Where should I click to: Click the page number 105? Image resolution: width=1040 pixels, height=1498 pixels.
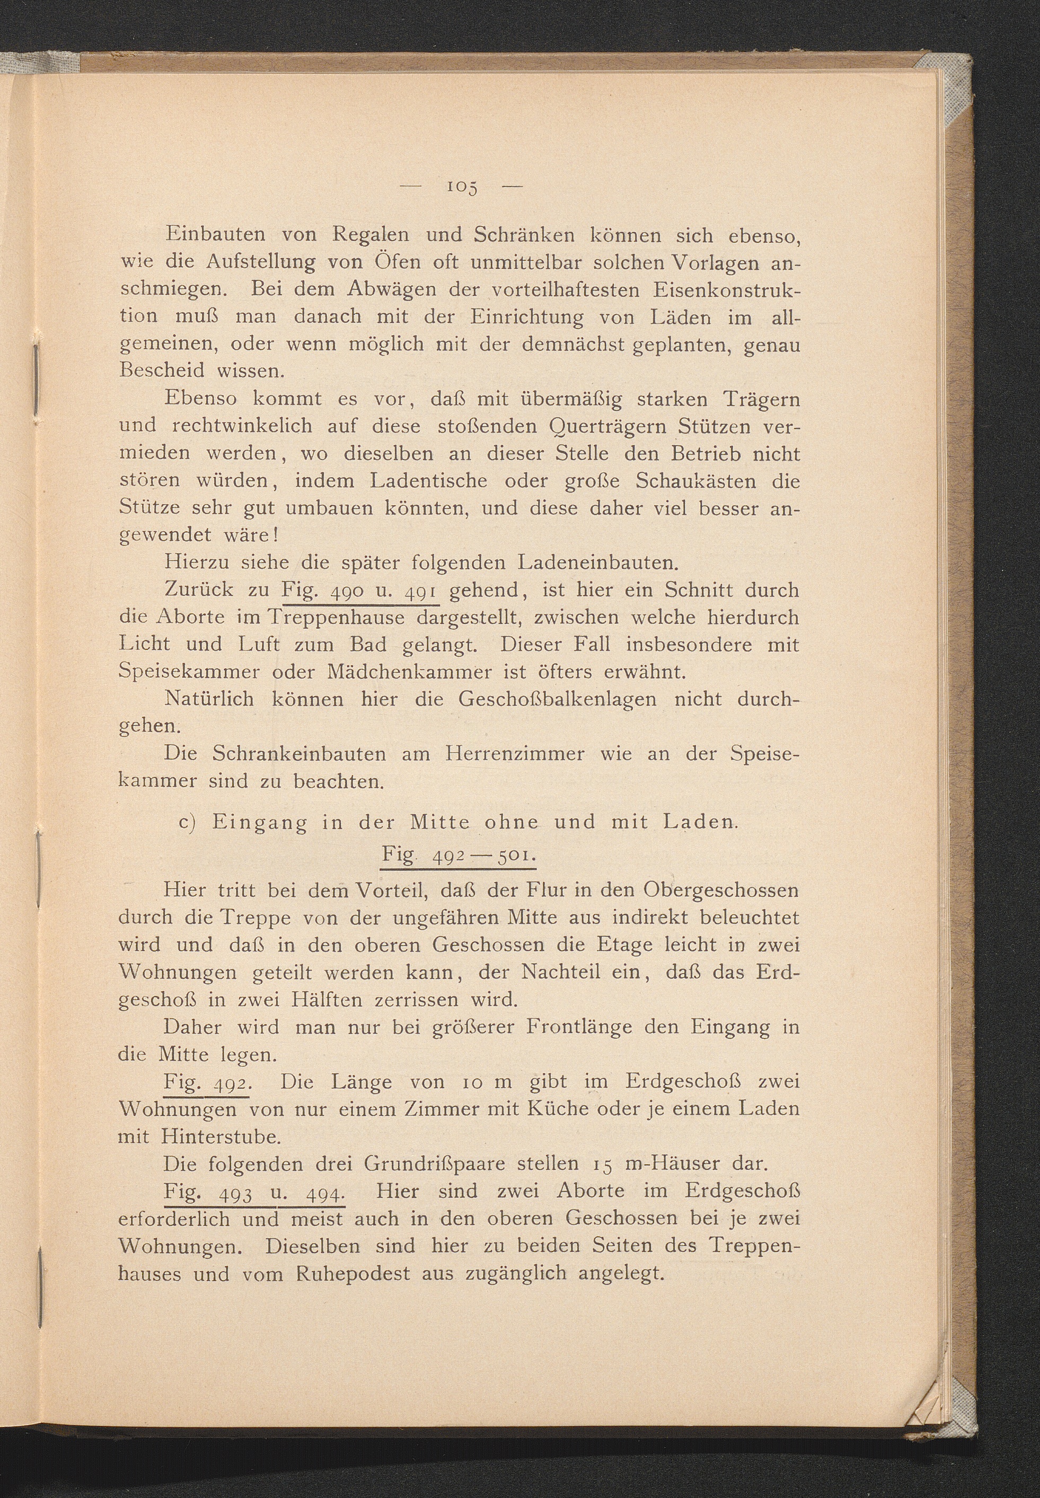(x=462, y=188)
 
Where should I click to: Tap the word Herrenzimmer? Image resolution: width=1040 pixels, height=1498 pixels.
(x=515, y=754)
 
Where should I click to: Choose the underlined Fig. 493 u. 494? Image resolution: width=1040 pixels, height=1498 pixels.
(x=254, y=1192)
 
